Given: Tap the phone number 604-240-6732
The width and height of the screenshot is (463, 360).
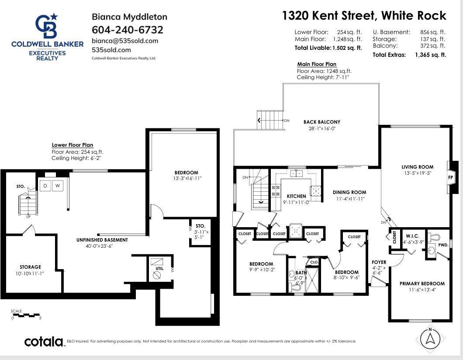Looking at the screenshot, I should tap(128, 30).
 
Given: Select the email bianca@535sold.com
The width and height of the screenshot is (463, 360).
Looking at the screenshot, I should tap(125, 41).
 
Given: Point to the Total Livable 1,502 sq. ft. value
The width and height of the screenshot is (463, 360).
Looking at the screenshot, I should tap(347, 48).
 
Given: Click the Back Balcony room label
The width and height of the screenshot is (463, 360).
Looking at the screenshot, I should tap(322, 122).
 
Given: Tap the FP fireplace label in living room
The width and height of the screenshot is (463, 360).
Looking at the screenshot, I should tap(451, 178).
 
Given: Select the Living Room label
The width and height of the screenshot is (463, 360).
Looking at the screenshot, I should tap(418, 166).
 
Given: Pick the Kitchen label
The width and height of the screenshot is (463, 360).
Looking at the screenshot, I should tap(296, 196).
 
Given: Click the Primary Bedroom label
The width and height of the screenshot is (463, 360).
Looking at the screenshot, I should tap(422, 284).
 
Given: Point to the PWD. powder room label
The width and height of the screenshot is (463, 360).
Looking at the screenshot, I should tap(443, 245).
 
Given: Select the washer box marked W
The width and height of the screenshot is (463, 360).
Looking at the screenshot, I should tap(58, 186).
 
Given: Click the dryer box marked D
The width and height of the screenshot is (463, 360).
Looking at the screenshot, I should tap(45, 186).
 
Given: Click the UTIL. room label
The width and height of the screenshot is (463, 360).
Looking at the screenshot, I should tap(160, 268).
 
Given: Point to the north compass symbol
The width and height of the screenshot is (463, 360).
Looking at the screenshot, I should tap(430, 338).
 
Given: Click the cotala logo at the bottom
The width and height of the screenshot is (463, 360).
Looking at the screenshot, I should tap(44, 341).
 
